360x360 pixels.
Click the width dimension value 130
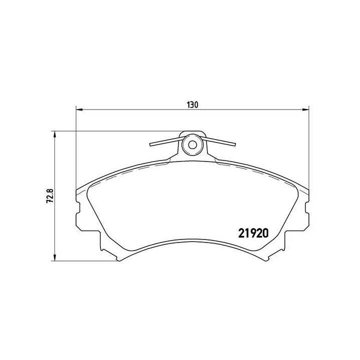[x=193, y=105]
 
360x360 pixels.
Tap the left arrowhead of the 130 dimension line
[x=78, y=110]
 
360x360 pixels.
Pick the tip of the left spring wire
[x=151, y=146]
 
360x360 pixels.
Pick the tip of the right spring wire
[x=233, y=145]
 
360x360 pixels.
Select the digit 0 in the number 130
[x=197, y=105]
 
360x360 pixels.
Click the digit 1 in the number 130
[x=189, y=105]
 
